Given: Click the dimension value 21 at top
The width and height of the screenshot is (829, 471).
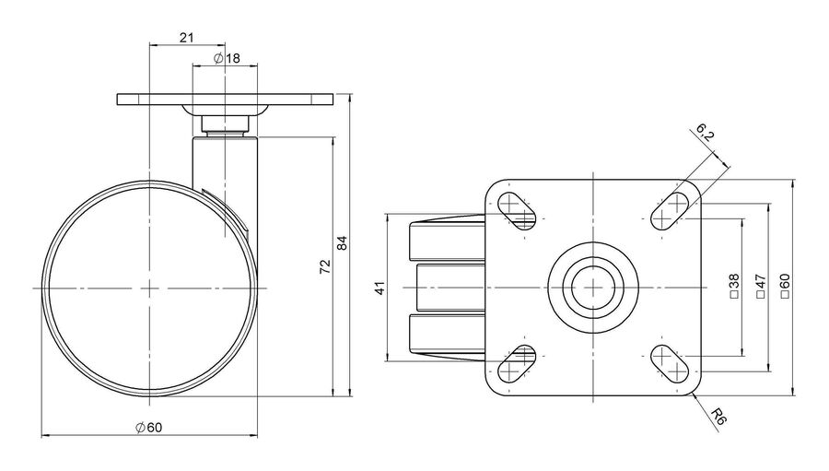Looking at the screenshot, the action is (x=187, y=37).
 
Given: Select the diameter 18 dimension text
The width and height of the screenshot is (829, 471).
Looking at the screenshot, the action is (x=227, y=58).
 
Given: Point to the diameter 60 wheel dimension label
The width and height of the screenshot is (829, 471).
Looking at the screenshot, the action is (x=148, y=427).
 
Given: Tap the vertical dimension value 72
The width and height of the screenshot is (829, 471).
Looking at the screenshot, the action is (x=325, y=266).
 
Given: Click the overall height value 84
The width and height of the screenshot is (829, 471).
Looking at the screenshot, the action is (x=343, y=243).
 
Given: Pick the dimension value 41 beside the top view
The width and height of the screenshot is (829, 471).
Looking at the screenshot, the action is (x=380, y=288).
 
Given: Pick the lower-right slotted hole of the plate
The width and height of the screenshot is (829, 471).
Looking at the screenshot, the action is (x=669, y=363).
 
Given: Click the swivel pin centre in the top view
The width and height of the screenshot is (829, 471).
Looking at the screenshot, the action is (x=593, y=288).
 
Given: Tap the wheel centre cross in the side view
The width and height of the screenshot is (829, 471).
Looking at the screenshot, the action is (x=150, y=288).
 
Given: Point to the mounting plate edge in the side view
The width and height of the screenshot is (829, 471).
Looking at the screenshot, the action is (x=226, y=100).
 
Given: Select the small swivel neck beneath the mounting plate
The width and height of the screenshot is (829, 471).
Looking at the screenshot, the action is (x=225, y=125).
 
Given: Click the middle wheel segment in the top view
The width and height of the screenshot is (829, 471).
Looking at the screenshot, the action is (x=450, y=288).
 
